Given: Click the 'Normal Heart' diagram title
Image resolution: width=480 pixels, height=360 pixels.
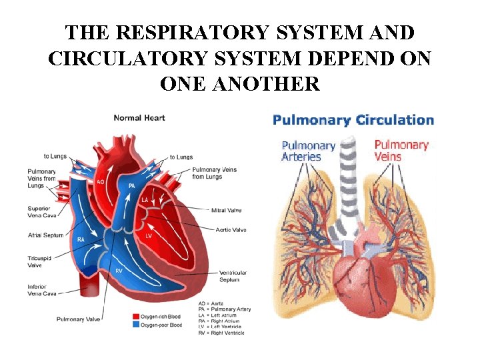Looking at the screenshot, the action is (139, 118).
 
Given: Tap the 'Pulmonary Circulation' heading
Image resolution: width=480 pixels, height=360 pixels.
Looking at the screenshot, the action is (353, 120).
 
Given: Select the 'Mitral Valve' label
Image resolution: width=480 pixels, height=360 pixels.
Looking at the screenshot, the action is (227, 211).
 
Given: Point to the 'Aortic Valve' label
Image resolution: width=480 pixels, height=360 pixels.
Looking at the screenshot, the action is (230, 229).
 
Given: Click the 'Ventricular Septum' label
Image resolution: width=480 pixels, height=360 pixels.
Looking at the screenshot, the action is (233, 276).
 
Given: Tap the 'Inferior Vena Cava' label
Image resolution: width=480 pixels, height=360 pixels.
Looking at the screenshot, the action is (41, 290).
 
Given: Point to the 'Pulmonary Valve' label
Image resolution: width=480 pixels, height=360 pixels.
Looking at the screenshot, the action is (79, 319).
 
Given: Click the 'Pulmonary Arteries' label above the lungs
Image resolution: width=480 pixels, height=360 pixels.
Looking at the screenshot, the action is (308, 151).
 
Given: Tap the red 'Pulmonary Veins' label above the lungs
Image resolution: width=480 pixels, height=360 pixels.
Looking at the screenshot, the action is (401, 150).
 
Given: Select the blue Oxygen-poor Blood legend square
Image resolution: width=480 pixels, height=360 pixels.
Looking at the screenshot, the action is (135, 325).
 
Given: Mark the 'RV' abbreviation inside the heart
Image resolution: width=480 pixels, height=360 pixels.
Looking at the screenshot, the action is (119, 271).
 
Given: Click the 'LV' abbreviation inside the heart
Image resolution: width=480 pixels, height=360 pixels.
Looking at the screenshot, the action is (149, 235).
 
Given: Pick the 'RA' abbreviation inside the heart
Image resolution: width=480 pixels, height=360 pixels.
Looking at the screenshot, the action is (81, 239).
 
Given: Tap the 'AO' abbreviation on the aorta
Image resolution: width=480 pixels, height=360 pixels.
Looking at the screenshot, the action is (100, 181).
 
